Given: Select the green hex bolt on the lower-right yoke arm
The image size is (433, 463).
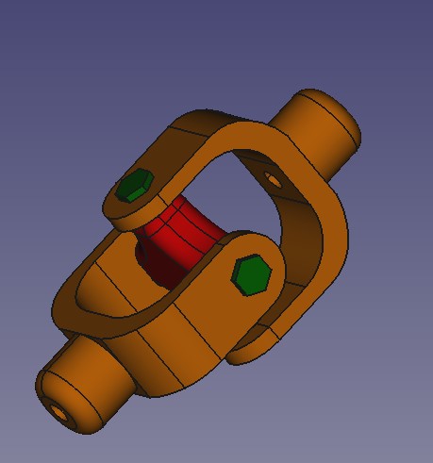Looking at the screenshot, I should [x=252, y=275].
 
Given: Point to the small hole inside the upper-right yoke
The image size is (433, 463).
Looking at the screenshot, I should [x=272, y=176].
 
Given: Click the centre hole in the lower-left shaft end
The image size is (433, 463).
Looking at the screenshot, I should [x=58, y=412].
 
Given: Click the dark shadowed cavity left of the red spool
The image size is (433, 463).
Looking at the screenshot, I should [x=147, y=253].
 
